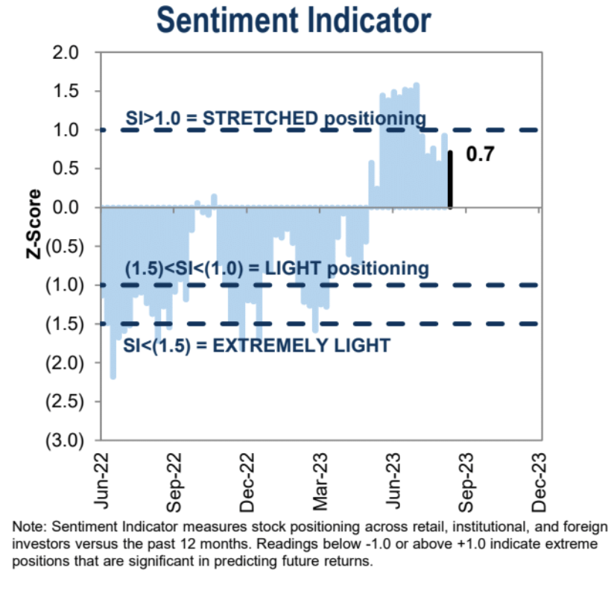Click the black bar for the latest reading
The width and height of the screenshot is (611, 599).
pyautogui.click(x=450, y=180)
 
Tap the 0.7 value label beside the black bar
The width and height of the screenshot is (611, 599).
pyautogui.click(x=480, y=154)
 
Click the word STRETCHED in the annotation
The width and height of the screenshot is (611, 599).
pyautogui.click(x=246, y=118)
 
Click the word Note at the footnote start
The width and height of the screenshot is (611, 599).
pyautogui.click(x=25, y=525)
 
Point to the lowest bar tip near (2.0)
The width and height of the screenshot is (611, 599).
pyautogui.click(x=113, y=377)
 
